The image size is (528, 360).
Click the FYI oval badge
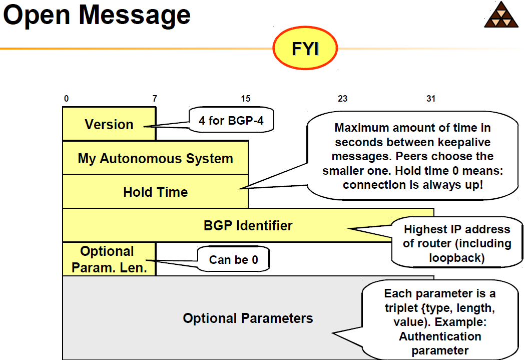305,49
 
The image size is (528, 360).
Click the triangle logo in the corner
502,16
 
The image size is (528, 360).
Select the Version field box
109,124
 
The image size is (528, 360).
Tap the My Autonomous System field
155,158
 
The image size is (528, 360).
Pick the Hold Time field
155,192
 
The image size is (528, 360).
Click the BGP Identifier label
248,225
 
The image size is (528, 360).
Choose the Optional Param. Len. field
109,259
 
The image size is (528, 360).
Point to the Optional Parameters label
248,318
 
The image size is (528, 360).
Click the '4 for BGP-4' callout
231,120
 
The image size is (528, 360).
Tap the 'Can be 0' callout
233,260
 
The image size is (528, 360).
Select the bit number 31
430,99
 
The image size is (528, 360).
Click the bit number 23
342,99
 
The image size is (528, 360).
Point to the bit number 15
245,99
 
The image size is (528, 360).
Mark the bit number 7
155,99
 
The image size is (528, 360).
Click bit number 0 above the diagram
66,99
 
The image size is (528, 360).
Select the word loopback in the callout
456,258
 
